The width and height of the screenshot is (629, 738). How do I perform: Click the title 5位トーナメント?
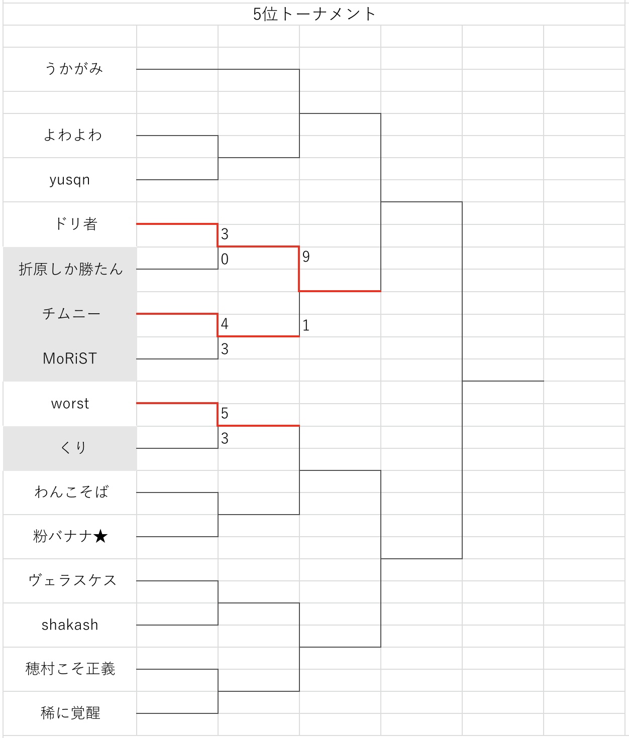pos(314,14)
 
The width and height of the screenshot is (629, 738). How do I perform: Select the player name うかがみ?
pos(74,69)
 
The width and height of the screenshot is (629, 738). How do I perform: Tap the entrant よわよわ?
pos(73,135)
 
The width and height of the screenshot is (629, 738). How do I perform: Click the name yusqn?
pos(70,180)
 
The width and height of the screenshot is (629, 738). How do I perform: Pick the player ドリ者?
pos(76,224)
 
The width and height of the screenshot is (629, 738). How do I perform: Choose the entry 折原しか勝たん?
pos(71,269)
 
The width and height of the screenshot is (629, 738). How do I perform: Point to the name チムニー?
pos(71,314)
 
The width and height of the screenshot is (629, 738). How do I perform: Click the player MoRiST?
pos(70,358)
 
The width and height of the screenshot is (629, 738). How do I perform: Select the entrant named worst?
pos(70,404)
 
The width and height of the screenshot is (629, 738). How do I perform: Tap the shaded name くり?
pos(73,447)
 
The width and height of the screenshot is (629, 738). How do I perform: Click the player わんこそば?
pos(72,492)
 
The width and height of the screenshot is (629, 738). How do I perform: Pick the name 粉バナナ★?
pos(71,536)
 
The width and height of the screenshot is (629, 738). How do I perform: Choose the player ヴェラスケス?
pos(73,580)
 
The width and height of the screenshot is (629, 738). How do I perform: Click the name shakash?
pos(70,625)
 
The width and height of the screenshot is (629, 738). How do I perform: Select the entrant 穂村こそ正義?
pos(71,669)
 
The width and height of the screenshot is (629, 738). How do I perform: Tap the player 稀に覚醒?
pos(71,713)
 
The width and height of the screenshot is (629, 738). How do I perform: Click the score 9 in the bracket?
pos(306,257)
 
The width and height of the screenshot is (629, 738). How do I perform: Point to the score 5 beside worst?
pos(225,414)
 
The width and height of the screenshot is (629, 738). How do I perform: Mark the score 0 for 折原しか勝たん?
pos(225,259)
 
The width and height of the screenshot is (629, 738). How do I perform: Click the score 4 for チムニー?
pos(225,324)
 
